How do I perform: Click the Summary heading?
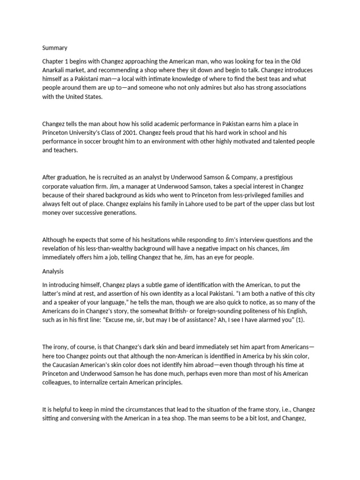tap(55, 48)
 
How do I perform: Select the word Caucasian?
tap(69, 365)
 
